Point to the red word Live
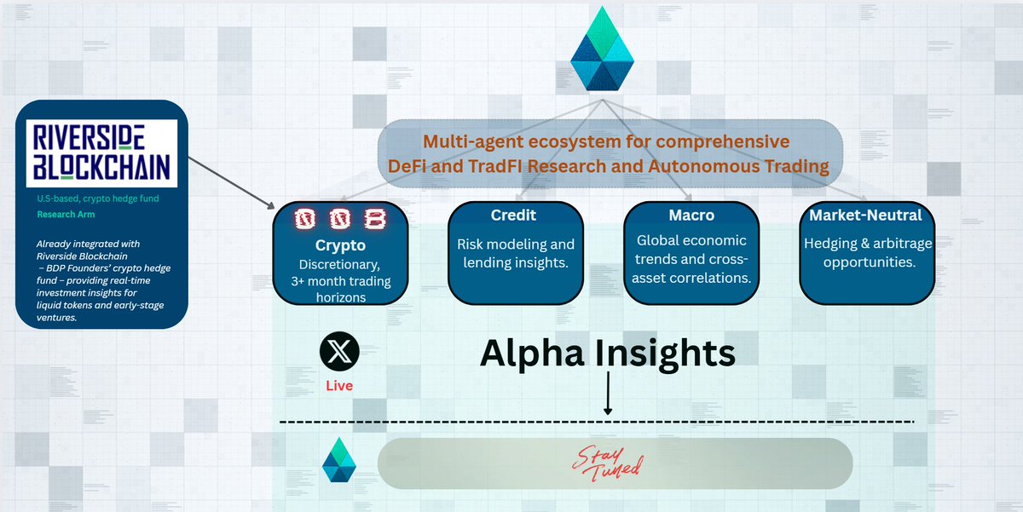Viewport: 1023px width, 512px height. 339,386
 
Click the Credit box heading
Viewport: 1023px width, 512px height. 512,216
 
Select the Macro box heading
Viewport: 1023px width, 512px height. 691,216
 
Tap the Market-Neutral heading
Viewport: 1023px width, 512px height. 865,216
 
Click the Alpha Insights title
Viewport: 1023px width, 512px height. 607,352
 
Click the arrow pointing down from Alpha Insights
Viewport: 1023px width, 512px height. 608,394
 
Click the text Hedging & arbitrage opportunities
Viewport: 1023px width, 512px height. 865,253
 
